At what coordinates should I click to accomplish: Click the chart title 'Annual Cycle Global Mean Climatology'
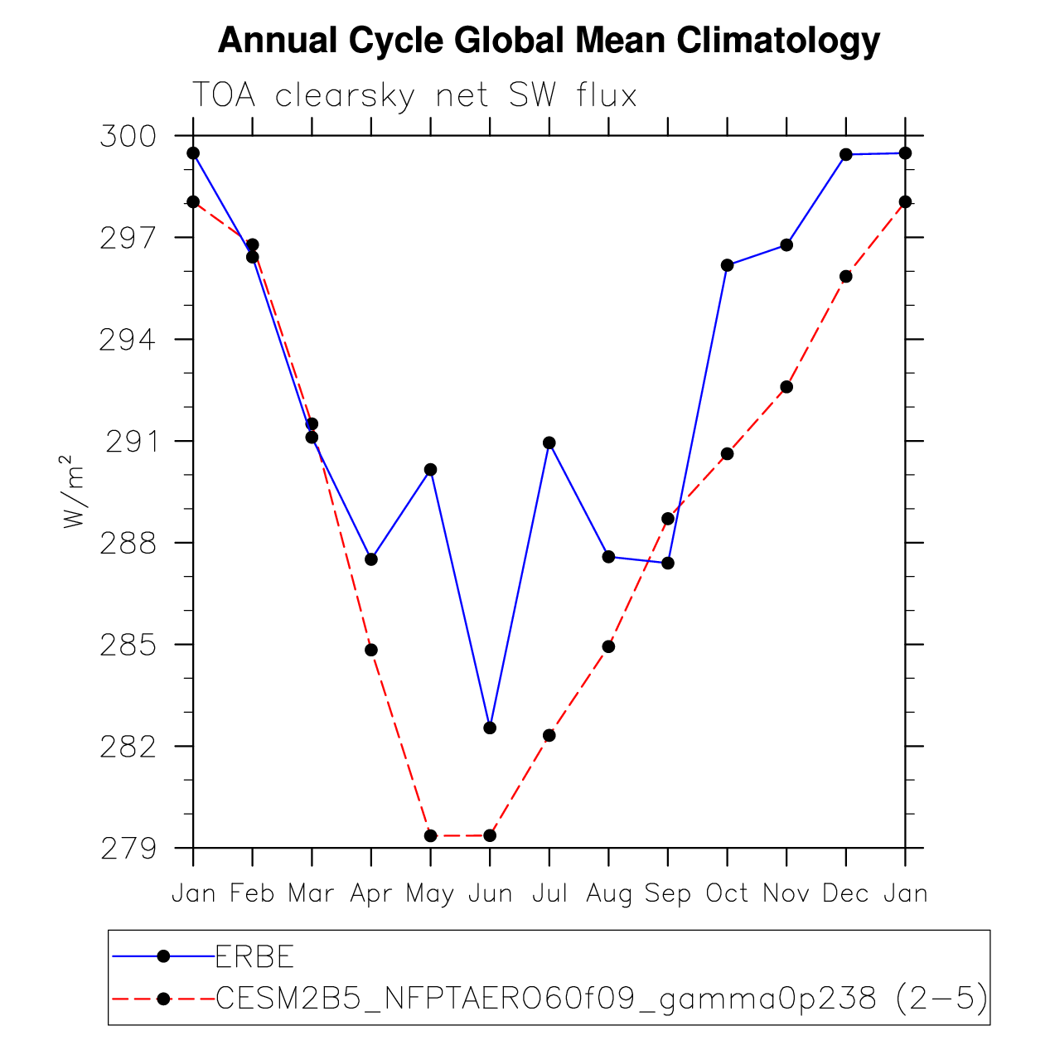point(549,41)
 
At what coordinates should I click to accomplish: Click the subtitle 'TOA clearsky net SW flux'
point(414,95)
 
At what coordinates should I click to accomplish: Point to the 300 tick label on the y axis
point(128,136)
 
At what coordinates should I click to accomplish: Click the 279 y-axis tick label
point(128,849)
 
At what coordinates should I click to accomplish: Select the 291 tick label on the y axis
point(131,442)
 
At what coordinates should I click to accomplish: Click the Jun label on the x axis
point(490,893)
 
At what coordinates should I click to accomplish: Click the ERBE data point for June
point(490,728)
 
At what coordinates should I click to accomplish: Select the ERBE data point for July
point(549,443)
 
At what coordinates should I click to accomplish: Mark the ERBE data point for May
point(430,469)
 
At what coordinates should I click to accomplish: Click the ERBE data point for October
point(727,265)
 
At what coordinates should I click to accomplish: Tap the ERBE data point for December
point(845,155)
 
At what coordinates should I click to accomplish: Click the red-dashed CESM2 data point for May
point(430,835)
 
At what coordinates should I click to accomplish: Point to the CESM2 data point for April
point(371,650)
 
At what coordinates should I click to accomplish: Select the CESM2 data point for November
point(786,387)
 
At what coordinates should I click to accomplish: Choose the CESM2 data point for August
point(608,646)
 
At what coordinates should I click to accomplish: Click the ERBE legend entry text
point(254,956)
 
